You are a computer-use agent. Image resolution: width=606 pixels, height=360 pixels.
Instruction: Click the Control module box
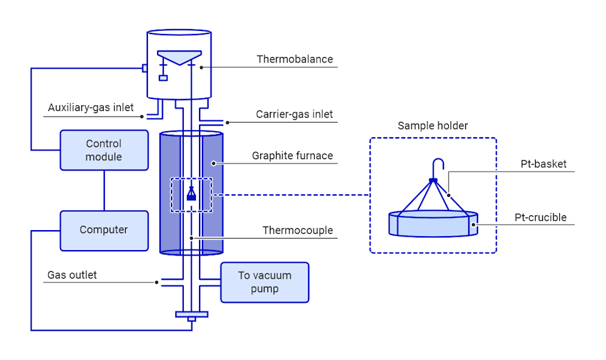104,150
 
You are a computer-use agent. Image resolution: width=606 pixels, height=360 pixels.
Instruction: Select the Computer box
104,230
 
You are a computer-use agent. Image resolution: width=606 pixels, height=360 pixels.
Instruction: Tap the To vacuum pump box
264,282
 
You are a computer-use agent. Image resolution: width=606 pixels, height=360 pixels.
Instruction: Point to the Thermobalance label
294,59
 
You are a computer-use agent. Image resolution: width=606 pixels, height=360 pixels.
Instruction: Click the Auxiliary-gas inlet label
90,108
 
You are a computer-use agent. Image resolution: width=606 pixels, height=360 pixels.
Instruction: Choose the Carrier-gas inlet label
294,114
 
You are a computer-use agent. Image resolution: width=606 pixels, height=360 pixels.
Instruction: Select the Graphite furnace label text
292,156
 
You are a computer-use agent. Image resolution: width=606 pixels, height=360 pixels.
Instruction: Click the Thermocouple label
297,231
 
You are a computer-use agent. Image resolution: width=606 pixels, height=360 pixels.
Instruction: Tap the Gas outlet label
72,275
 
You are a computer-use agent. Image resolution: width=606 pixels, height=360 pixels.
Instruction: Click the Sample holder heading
433,126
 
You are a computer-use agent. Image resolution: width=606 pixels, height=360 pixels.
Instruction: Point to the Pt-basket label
543,164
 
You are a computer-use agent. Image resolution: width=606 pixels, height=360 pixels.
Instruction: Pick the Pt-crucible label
540,217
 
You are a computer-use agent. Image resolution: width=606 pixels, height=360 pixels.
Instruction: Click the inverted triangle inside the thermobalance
178,57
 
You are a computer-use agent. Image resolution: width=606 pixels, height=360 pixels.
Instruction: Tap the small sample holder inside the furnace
191,194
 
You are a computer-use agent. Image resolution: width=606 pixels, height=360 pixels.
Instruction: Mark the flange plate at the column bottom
191,314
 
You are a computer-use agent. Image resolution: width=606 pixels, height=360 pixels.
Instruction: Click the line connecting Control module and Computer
104,190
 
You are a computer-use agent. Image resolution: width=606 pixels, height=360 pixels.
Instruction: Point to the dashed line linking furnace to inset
291,195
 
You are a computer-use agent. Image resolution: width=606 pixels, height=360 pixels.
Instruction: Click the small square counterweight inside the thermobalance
163,77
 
